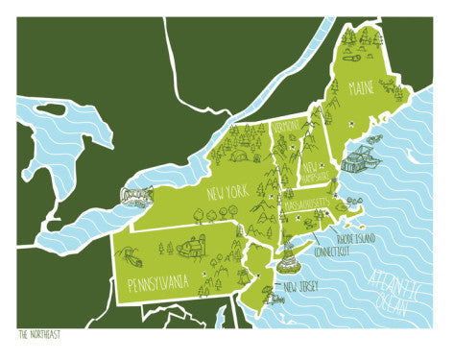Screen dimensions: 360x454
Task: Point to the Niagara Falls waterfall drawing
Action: pos(133,196)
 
